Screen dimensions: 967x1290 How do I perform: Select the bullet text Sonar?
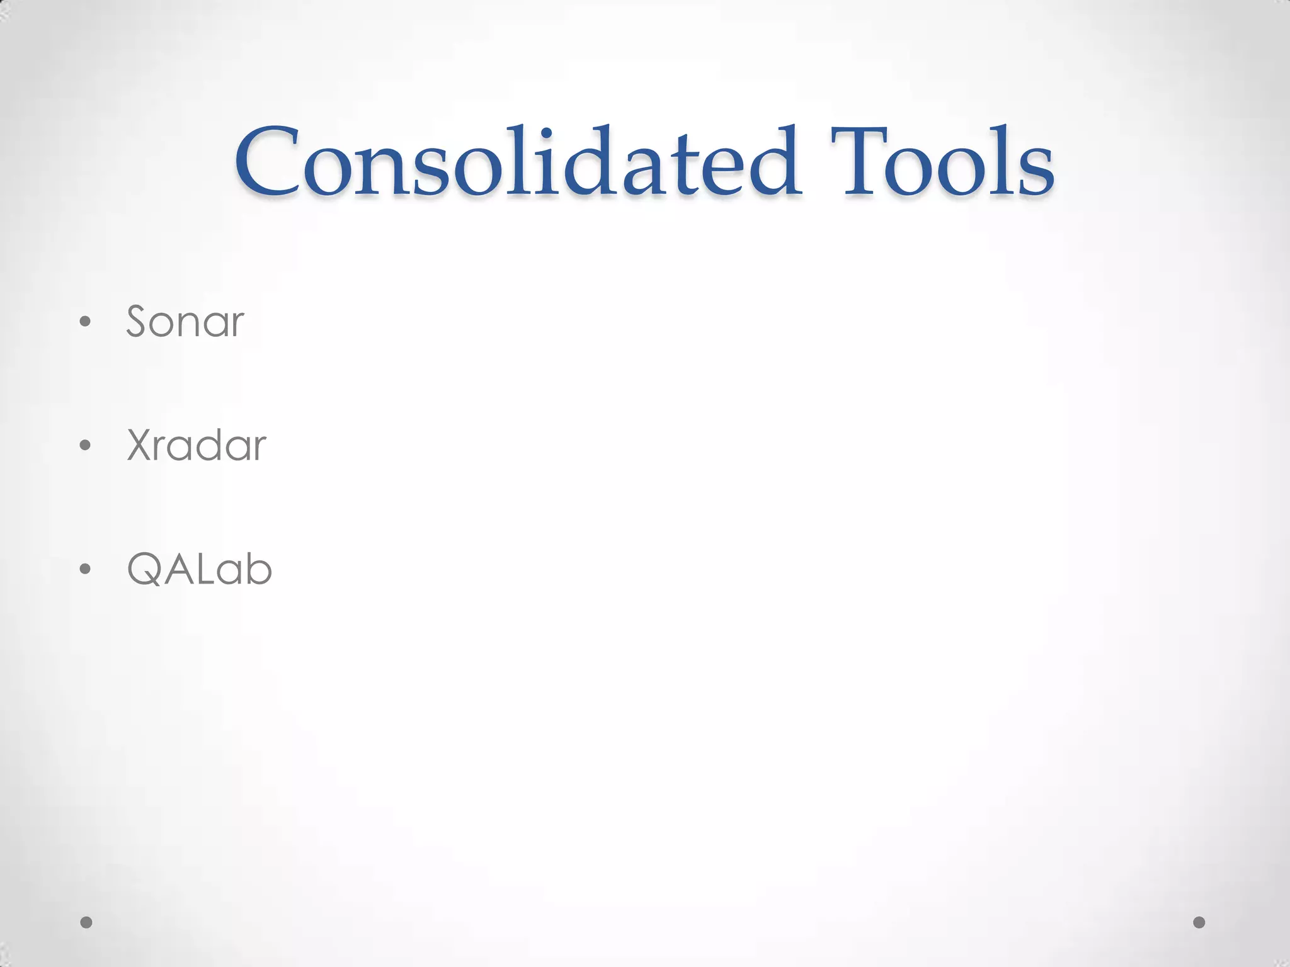[185, 322]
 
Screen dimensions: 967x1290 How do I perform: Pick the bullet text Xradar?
[197, 445]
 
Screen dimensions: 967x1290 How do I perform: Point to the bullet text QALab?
[199, 569]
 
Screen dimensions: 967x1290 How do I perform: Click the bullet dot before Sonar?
[86, 322]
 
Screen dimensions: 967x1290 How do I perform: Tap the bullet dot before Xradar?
[86, 446]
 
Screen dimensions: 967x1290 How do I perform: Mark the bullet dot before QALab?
[86, 569]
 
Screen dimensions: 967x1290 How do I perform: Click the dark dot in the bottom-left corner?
[86, 922]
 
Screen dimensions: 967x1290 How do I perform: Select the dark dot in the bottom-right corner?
[1199, 922]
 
